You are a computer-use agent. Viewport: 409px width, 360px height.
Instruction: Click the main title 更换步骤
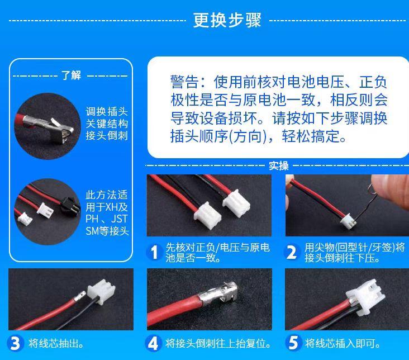coord(227,20)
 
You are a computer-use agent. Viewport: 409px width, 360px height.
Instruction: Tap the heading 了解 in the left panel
coord(71,75)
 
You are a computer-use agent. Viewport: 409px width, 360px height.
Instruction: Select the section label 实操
coord(279,165)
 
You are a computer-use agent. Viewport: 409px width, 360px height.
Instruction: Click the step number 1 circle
coord(154,252)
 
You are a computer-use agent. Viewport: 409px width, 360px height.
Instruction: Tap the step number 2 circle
coord(291,252)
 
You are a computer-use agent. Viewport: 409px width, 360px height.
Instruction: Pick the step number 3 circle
coord(15,343)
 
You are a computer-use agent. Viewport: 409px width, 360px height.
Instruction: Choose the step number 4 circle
coord(153,343)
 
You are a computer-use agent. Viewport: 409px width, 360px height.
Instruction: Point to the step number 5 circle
coord(293,343)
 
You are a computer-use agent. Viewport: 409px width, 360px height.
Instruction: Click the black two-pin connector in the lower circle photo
coord(69,206)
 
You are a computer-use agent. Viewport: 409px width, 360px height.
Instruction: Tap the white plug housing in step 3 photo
coord(101,291)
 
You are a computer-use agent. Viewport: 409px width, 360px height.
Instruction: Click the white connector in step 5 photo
coord(366,297)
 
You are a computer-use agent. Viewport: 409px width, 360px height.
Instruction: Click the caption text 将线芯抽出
coord(56,343)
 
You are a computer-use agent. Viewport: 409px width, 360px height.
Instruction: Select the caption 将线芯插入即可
coord(343,343)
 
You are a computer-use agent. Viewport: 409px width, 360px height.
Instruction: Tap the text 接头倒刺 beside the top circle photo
coord(107,135)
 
